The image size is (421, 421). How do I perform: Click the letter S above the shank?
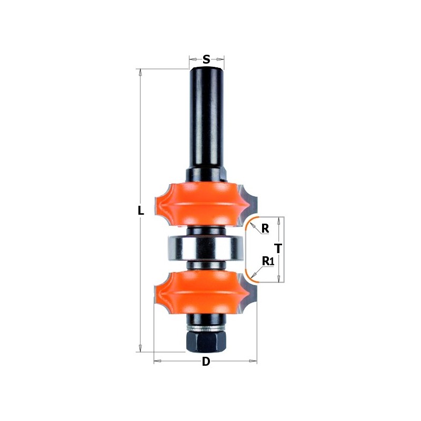tap(206, 59)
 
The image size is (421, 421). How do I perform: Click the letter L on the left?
tap(141, 211)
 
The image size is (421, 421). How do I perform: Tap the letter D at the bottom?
tap(206, 362)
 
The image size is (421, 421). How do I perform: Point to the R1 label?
tap(268, 261)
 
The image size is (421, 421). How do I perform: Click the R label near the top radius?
tap(265, 228)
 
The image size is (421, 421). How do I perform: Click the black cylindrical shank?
tap(206, 116)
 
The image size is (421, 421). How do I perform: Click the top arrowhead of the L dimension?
tap(141, 72)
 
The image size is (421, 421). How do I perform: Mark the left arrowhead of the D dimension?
tap(157, 361)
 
